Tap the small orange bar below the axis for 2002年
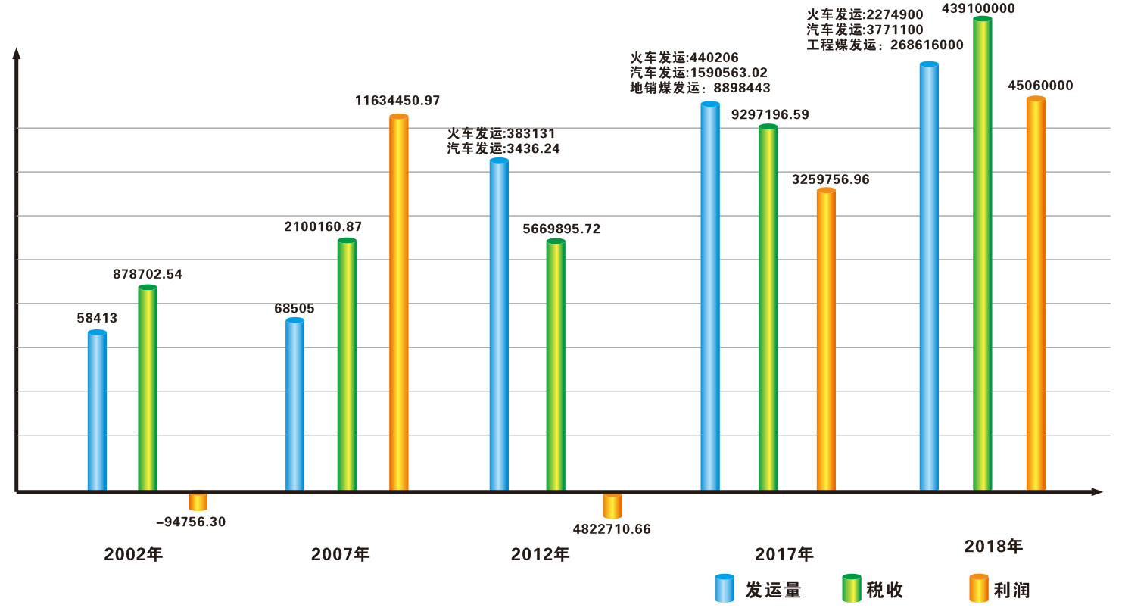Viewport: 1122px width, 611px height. pyautogui.click(x=198, y=501)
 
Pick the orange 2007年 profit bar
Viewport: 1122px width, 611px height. pyautogui.click(x=398, y=303)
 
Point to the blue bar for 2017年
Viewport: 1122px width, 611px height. pyautogui.click(x=710, y=297)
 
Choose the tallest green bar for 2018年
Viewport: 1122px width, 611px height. pyautogui.click(x=982, y=254)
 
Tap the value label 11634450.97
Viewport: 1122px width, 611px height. pyautogui.click(x=397, y=101)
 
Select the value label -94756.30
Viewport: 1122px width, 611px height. pyautogui.click(x=191, y=522)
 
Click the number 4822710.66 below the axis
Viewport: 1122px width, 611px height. pyautogui.click(x=612, y=529)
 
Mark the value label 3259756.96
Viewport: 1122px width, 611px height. pyautogui.click(x=831, y=180)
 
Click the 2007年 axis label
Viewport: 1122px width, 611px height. pyautogui.click(x=341, y=554)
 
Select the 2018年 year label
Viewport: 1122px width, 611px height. pyautogui.click(x=993, y=547)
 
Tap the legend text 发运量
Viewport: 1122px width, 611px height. pyautogui.click(x=773, y=591)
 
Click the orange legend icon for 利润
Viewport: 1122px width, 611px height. pyautogui.click(x=979, y=588)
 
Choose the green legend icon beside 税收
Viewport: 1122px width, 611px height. pyautogui.click(x=852, y=588)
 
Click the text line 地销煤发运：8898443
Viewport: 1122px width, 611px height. pyautogui.click(x=700, y=89)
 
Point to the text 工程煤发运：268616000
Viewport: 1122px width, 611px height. pyautogui.click(x=885, y=45)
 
